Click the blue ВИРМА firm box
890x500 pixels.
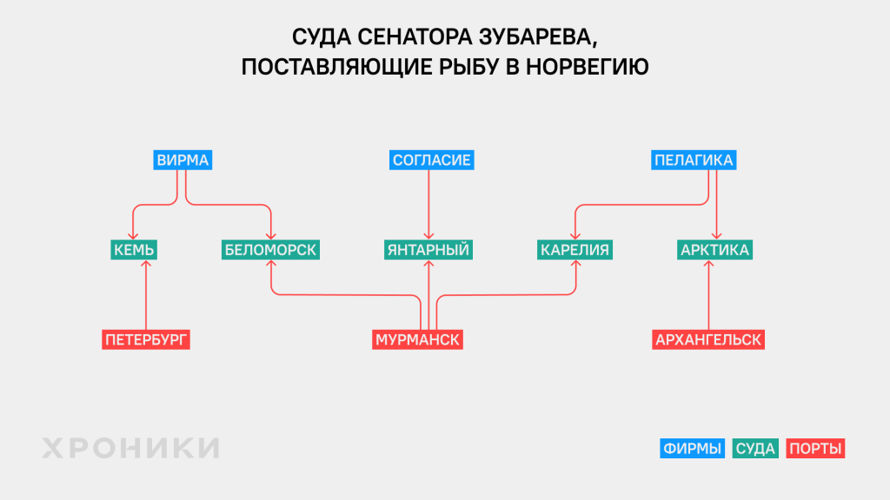183,161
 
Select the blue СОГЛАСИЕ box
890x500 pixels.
432,161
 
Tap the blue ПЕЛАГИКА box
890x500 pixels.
694,161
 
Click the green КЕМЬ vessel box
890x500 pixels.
135,250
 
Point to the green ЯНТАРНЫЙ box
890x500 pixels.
428,250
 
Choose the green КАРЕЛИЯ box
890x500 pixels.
575,250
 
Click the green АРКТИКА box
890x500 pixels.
714,250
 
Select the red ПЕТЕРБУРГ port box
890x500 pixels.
146,339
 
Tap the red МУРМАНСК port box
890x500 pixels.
417,339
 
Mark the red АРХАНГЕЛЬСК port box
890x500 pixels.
708,339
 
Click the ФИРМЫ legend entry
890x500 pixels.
692,449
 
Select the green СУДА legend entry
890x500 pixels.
755,449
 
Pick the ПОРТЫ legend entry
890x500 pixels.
816,449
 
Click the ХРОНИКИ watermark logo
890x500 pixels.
130,448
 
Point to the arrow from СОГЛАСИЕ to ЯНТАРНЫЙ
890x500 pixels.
428,204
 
